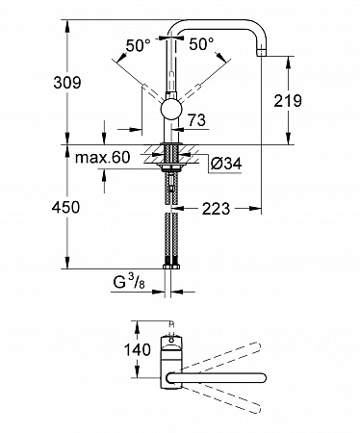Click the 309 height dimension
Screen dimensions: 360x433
[x=67, y=83]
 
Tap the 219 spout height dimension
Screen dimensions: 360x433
[x=288, y=101]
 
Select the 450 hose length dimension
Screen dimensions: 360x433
[x=65, y=207]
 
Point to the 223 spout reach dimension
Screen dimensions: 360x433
[x=216, y=209]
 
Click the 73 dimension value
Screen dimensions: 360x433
[x=196, y=120]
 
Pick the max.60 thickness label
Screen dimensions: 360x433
[x=103, y=157]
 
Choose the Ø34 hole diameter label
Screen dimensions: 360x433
[x=226, y=164]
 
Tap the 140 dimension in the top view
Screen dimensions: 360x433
[x=137, y=349]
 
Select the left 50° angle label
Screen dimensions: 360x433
[x=138, y=45]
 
